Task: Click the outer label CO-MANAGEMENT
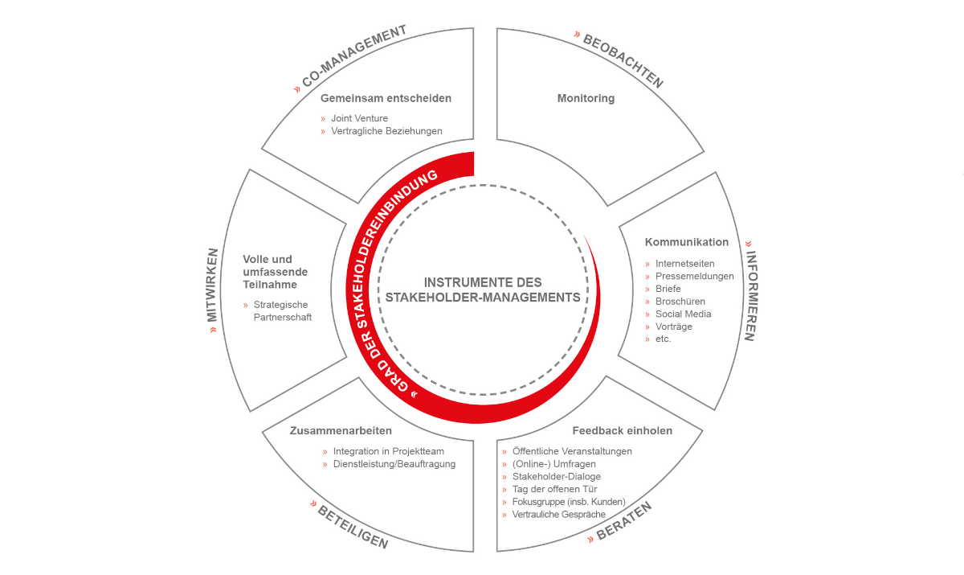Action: (354, 55)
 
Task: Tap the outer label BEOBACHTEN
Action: (623, 61)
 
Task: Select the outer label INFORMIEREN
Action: (751, 296)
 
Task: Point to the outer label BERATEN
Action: (624, 521)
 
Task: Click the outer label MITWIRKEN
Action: (212, 285)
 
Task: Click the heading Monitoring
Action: (586, 98)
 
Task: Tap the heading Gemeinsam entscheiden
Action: (386, 98)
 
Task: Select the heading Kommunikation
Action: (686, 242)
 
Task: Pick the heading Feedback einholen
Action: (623, 431)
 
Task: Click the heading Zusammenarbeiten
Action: (341, 431)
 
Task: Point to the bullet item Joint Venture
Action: (359, 118)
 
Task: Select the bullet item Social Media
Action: (683, 314)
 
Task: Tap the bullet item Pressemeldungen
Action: (695, 276)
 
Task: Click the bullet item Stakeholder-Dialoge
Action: (557, 476)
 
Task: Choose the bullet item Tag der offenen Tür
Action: (555, 489)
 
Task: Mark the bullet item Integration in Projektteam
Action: (389, 451)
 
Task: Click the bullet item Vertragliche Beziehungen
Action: (386, 130)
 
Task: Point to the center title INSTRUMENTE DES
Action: (483, 282)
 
